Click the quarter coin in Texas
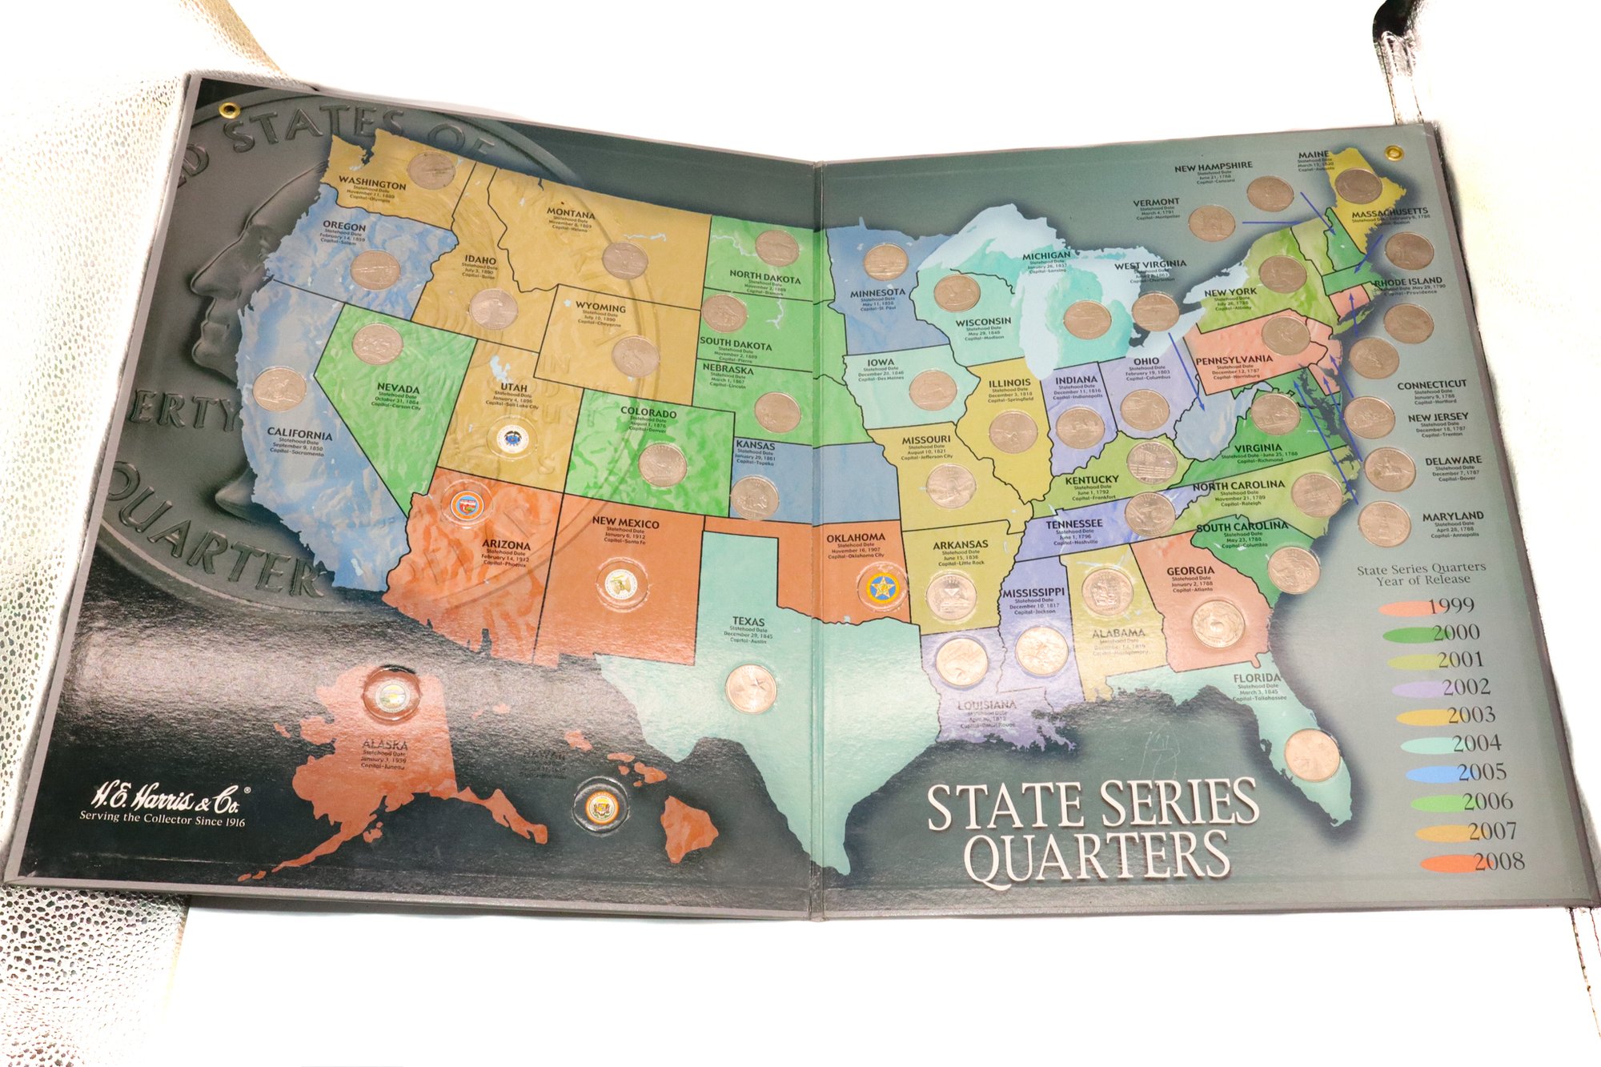point(751,688)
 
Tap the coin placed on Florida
point(1312,755)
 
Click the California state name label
point(299,434)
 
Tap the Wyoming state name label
point(600,307)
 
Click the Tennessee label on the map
point(1073,524)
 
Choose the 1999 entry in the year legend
point(1451,606)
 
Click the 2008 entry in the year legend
point(1498,862)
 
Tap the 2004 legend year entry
point(1476,744)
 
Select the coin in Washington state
point(431,170)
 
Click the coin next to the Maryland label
point(1384,524)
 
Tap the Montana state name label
point(570,215)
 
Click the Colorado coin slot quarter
point(663,466)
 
